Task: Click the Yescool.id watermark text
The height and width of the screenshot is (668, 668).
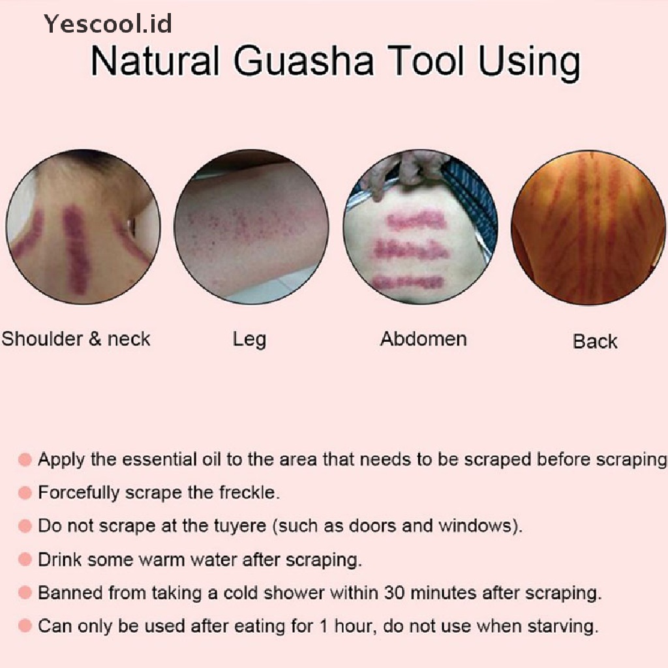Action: point(108,24)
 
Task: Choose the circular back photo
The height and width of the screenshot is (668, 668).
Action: point(589,228)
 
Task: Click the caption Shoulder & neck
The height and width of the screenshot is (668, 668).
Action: point(76,339)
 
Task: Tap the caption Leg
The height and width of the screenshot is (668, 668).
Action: point(249,339)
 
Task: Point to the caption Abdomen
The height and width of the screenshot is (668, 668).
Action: point(423,339)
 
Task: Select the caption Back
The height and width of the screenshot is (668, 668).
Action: point(595,341)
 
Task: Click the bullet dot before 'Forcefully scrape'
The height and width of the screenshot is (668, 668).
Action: point(25,493)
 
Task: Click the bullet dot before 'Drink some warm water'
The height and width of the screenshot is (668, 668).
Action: point(25,560)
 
